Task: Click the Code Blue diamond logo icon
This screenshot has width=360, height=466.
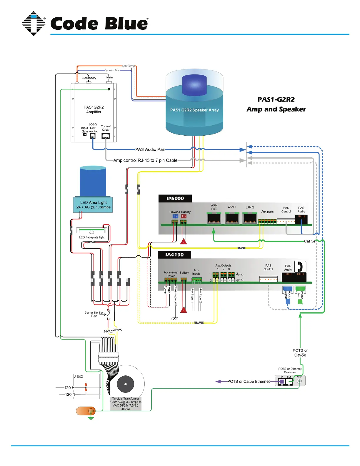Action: [x=34, y=24]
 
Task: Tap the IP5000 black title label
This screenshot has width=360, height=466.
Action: [x=175, y=199]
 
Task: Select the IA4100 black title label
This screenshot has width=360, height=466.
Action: [x=174, y=255]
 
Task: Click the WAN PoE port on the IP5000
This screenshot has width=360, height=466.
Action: [x=214, y=218]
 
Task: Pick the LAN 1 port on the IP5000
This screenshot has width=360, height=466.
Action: [x=232, y=218]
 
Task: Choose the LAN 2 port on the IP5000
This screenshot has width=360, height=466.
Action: [x=250, y=218]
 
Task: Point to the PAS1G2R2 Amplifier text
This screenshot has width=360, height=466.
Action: [x=94, y=109]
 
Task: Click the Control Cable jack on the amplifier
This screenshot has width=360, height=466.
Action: [x=106, y=136]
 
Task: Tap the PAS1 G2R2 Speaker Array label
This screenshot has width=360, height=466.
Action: [x=194, y=110]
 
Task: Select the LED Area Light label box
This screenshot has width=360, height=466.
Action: [x=93, y=205]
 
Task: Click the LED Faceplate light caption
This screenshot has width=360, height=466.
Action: [x=92, y=237]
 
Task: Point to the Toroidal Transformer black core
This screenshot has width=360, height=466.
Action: [x=126, y=384]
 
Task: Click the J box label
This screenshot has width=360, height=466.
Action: [x=79, y=376]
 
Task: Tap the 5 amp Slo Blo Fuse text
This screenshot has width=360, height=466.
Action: [x=94, y=314]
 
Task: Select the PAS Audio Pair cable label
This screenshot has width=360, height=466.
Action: [x=150, y=149]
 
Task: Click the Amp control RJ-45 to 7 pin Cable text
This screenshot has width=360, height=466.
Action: [x=145, y=160]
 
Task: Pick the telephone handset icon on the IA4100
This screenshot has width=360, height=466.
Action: [x=300, y=267]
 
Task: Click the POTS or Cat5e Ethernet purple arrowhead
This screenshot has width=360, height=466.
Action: [x=218, y=382]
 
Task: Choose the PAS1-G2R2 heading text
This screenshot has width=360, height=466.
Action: [x=276, y=99]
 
